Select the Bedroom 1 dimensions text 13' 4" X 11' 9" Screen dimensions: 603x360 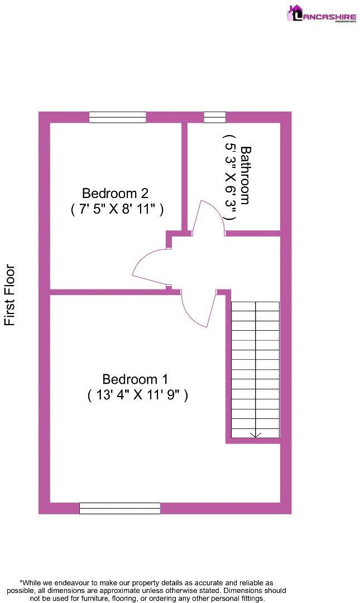click(x=137, y=395)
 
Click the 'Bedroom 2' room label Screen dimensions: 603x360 click(x=115, y=194)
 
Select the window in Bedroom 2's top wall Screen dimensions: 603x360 click(x=117, y=117)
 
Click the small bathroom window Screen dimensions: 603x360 click(x=215, y=117)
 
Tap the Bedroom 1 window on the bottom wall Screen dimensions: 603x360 click(x=119, y=508)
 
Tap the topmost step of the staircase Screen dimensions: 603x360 click(x=255, y=306)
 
